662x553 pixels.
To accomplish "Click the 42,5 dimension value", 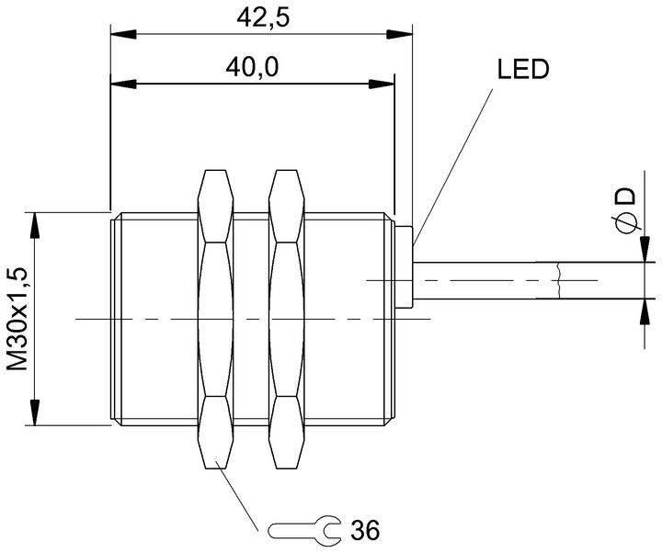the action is click(x=263, y=17).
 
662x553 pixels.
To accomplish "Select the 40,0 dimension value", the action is click(x=252, y=67).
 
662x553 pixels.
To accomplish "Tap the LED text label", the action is click(x=523, y=69).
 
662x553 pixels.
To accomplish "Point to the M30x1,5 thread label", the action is click(x=17, y=319).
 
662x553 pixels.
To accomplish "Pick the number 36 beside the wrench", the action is click(x=365, y=529).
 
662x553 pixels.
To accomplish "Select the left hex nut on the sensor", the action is click(x=215, y=320).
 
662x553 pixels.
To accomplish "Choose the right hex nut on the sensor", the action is click(x=286, y=320).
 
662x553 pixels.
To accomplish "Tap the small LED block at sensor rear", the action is click(x=404, y=267).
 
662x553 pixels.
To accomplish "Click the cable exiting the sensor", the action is click(x=534, y=280).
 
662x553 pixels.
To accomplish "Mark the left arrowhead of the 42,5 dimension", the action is click(x=123, y=35).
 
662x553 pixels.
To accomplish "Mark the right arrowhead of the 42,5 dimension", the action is click(x=399, y=35).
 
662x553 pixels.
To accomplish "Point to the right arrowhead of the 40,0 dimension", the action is click(x=382, y=84).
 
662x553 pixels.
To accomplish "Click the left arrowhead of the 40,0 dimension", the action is click(x=123, y=84).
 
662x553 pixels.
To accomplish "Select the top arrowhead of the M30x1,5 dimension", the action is click(x=34, y=226).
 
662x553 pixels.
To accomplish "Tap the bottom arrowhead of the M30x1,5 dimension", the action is click(x=34, y=412).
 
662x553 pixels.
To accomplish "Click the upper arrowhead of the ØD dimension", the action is click(x=645, y=249).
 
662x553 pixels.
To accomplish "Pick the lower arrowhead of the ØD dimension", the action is click(x=645, y=312).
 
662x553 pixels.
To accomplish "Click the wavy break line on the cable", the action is click(x=559, y=280).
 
